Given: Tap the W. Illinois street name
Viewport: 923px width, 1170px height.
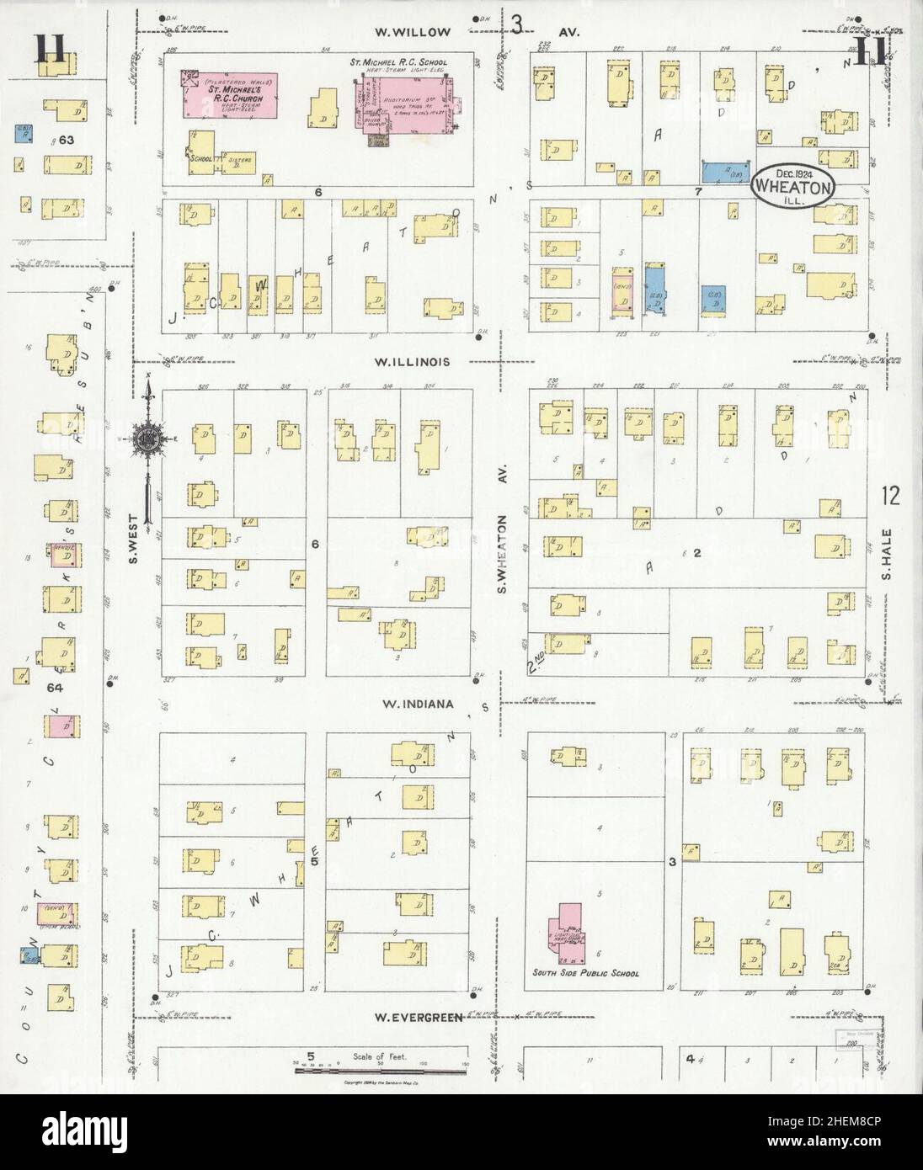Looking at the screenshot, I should [413, 363].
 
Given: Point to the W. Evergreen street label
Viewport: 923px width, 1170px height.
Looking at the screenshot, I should [419, 1017].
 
